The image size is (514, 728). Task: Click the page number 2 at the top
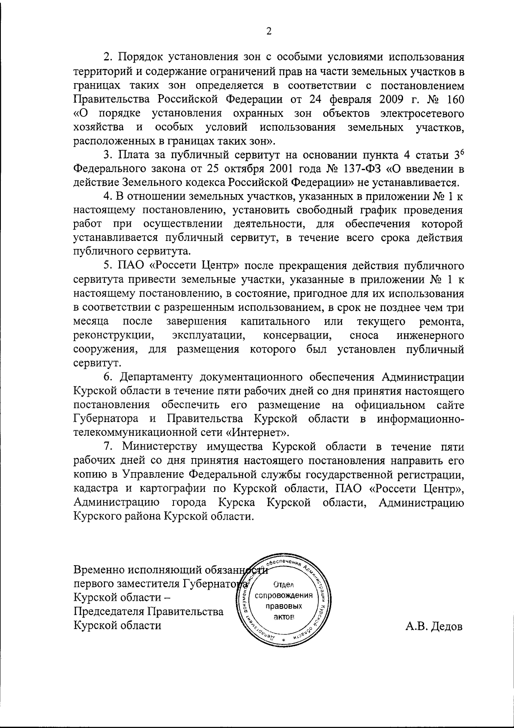269,30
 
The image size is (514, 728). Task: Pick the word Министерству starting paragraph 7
161,446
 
